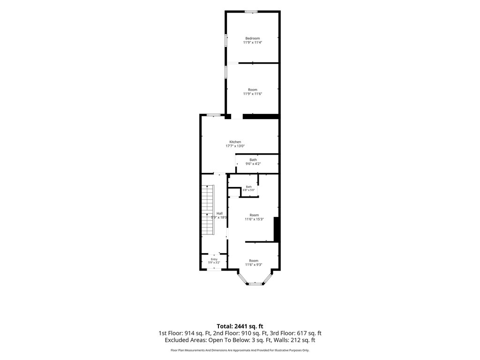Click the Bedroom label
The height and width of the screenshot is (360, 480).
253,38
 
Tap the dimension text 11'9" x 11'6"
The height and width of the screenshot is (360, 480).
253,94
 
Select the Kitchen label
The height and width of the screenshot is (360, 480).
235,142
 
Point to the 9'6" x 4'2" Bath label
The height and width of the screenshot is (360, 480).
253,164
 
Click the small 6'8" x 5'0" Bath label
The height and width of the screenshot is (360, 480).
248,190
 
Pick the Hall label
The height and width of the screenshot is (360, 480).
219,213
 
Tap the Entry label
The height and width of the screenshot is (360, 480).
214,259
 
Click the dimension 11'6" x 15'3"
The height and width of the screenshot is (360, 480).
254,219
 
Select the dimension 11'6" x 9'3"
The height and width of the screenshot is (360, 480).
254,265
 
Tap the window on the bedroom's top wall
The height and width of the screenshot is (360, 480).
251,12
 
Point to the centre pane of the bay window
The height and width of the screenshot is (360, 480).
254,284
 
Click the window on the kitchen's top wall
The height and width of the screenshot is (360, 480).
213,115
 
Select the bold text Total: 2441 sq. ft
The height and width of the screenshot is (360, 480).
240,326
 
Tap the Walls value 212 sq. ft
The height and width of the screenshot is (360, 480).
302,340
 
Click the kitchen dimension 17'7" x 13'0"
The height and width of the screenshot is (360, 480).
235,146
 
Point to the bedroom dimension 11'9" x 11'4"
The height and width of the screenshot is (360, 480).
253,43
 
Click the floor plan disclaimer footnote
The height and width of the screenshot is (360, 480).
240,350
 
